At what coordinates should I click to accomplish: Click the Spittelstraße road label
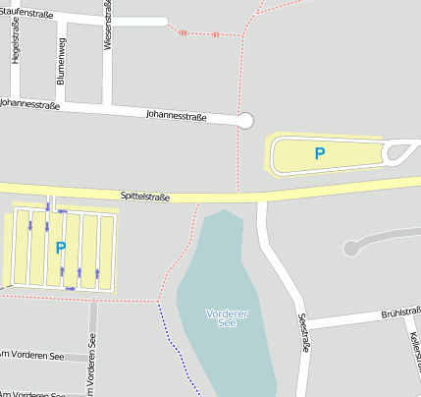tap(145, 198)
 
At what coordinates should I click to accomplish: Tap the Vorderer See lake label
tap(227, 317)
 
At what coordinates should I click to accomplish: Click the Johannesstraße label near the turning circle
tap(176, 116)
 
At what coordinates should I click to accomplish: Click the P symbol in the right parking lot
tap(319, 154)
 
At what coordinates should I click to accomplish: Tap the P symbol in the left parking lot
tap(61, 249)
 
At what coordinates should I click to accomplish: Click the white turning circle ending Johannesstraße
tap(245, 121)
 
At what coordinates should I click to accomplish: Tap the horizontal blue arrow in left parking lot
tap(62, 210)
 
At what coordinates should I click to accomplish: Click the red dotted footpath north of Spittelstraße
tap(237, 157)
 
